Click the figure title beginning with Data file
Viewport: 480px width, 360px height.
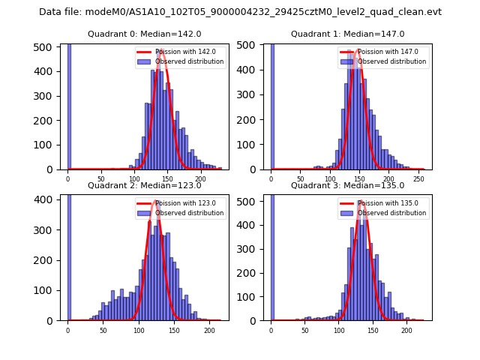(240, 12)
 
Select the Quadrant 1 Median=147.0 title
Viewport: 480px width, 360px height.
(347, 34)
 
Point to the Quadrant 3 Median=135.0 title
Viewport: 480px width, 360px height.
(347, 185)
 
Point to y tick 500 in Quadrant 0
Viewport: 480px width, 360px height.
(42, 47)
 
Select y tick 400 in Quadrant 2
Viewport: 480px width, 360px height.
(42, 199)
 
